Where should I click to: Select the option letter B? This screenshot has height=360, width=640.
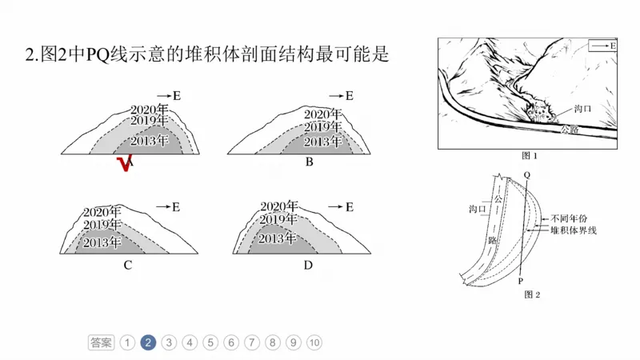pyautogui.click(x=309, y=162)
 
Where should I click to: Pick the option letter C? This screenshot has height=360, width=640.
pyautogui.click(x=127, y=266)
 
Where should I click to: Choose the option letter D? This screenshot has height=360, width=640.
pyautogui.click(x=308, y=266)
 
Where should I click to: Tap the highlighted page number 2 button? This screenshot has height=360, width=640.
pyautogui.click(x=148, y=342)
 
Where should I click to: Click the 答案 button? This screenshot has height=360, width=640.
pyautogui.click(x=101, y=342)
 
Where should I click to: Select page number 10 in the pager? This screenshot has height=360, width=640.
pyautogui.click(x=314, y=342)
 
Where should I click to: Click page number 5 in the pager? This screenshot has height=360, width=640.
pyautogui.click(x=210, y=342)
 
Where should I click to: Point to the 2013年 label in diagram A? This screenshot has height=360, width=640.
pyautogui.click(x=150, y=141)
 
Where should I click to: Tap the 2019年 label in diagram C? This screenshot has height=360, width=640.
pyautogui.click(x=102, y=226)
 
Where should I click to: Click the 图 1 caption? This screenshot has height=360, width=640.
pyautogui.click(x=529, y=156)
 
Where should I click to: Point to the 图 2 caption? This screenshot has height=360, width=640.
pyautogui.click(x=531, y=294)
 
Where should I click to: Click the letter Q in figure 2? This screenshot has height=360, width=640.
pyautogui.click(x=526, y=174)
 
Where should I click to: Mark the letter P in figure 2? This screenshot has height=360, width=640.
pyautogui.click(x=520, y=281)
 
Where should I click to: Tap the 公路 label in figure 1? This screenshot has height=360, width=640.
pyautogui.click(x=569, y=128)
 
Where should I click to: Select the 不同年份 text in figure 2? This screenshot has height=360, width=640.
pyautogui.click(x=569, y=218)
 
